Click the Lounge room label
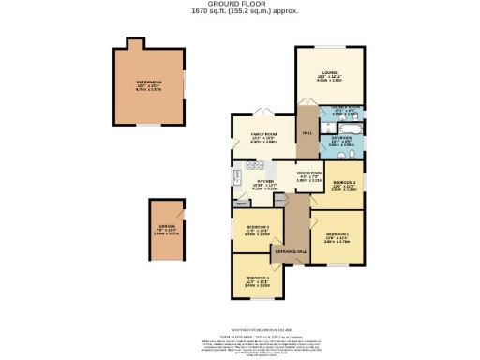pyautogui.click(x=330, y=75)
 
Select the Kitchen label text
pyautogui.click(x=266, y=182)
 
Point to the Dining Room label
pyautogui.click(x=310, y=173)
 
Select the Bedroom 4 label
pyautogui.click(x=258, y=277)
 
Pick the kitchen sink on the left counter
pyautogui.click(x=237, y=181)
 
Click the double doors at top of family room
pyautogui.click(x=265, y=114)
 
